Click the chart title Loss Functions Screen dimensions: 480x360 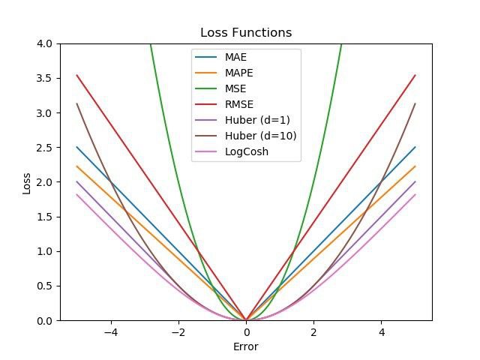point(246,32)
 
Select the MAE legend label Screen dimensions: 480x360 point(235,57)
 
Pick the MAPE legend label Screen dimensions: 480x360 point(239,73)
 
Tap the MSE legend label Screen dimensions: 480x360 point(235,88)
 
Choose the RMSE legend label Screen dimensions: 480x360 point(239,104)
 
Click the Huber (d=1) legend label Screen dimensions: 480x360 point(257,120)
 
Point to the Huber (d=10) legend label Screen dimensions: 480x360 point(261,136)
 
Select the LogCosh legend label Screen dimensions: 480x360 point(247,151)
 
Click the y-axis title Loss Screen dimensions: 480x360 point(27,183)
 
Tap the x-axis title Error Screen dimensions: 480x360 point(246,346)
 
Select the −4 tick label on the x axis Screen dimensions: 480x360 point(111,332)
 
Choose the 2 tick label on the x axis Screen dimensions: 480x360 point(313,332)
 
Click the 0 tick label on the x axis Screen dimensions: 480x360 point(247,332)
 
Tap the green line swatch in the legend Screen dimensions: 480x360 point(206,88)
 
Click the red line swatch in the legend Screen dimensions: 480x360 point(206,104)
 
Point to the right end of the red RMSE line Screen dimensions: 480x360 point(415,75)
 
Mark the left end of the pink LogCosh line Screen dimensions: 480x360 point(76,194)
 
